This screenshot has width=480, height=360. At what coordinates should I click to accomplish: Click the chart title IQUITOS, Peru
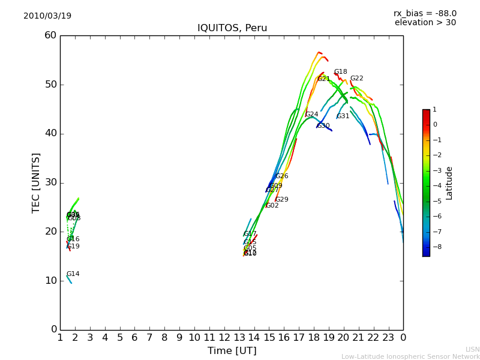(x=232, y=28)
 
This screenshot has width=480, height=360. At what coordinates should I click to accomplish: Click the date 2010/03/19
(x=47, y=16)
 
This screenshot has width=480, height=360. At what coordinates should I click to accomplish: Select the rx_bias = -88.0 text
(x=425, y=13)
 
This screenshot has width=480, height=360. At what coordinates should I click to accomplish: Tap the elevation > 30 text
(x=425, y=23)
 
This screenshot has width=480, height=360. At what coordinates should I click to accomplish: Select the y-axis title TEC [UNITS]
(x=36, y=182)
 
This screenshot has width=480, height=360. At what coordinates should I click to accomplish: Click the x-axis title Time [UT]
(x=232, y=351)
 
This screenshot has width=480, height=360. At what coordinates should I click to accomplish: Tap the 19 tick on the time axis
(x=329, y=338)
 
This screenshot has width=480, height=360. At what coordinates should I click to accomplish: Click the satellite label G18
(x=341, y=72)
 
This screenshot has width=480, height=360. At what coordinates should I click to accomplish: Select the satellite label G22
(x=357, y=79)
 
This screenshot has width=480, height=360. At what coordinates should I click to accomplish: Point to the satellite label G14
(x=73, y=274)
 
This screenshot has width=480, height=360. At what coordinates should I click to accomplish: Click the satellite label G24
(x=312, y=115)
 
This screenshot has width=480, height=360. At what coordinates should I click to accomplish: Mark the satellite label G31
(x=343, y=116)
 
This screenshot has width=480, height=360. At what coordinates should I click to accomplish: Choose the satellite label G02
(x=272, y=206)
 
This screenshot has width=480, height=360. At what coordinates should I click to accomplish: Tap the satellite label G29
(x=282, y=200)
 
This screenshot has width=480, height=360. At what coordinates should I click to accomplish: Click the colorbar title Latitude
(x=449, y=183)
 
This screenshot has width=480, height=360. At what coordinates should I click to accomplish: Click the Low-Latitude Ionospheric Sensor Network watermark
(x=410, y=357)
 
